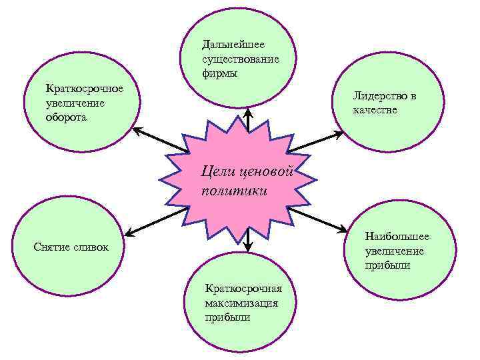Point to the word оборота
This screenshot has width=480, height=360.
tap(66, 117)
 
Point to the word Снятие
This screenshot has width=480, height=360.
tap(53, 247)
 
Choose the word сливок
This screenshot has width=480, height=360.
tap(91, 247)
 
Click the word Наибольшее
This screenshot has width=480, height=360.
tap(397, 237)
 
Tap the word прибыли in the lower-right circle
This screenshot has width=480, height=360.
tap(387, 265)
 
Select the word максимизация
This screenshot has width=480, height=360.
tap(241, 303)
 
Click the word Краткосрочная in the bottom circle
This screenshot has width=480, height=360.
tap(244, 289)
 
